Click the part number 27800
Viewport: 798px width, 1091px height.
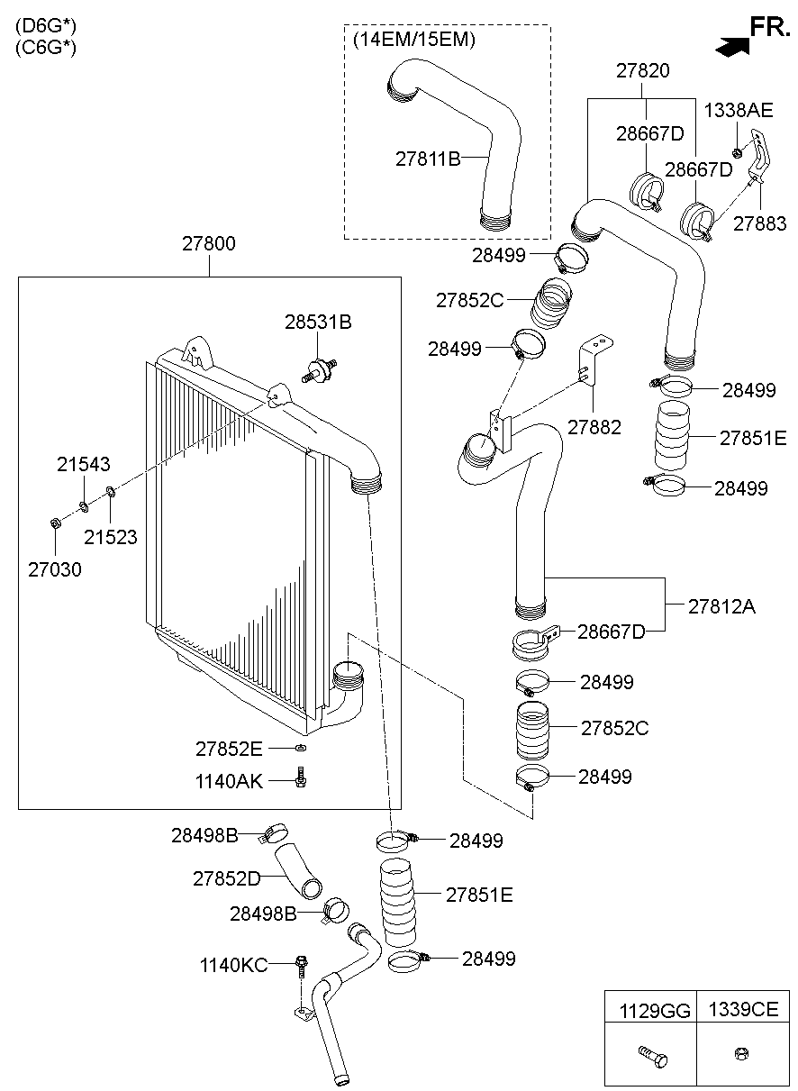(x=208, y=243)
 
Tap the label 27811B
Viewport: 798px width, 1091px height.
(x=428, y=159)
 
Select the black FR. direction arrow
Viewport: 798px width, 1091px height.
(x=731, y=47)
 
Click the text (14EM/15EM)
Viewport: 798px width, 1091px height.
(x=413, y=39)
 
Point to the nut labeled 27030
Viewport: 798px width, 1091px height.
(x=55, y=523)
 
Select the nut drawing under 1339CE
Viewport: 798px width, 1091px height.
(x=741, y=1054)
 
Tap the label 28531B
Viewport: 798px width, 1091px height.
(x=318, y=322)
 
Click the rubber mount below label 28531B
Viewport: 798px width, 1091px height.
(x=320, y=370)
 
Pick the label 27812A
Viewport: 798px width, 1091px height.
(x=721, y=606)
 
